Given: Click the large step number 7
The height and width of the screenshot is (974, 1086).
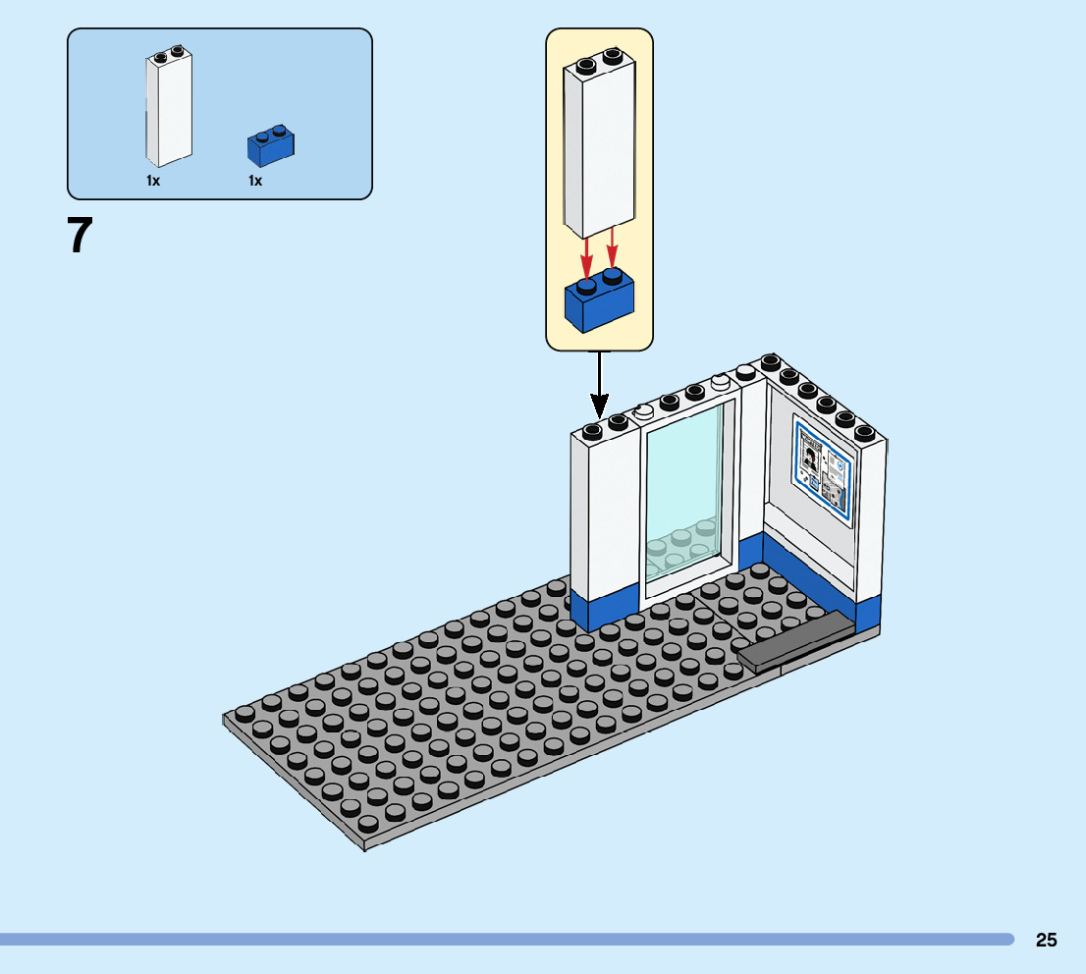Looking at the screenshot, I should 81,237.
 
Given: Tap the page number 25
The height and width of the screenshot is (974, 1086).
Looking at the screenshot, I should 1046,940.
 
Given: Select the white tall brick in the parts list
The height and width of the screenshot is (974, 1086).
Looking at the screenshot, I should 168,108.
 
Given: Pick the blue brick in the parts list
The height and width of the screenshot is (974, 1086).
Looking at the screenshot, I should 271,146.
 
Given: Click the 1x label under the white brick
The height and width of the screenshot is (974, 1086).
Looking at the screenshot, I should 153,181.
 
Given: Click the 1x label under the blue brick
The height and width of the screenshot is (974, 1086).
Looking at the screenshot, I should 255,181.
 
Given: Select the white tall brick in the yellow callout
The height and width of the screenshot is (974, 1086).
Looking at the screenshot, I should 599,147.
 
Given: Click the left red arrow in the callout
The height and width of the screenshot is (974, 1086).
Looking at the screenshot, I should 586,257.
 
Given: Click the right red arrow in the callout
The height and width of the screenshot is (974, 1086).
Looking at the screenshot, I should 613,247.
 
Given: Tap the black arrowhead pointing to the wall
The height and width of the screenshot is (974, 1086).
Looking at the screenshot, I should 599,405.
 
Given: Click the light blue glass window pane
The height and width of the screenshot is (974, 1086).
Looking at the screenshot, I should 683,491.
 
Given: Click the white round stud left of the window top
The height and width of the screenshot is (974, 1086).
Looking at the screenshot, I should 644,412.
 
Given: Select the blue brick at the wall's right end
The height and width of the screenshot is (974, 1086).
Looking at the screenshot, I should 868,614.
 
